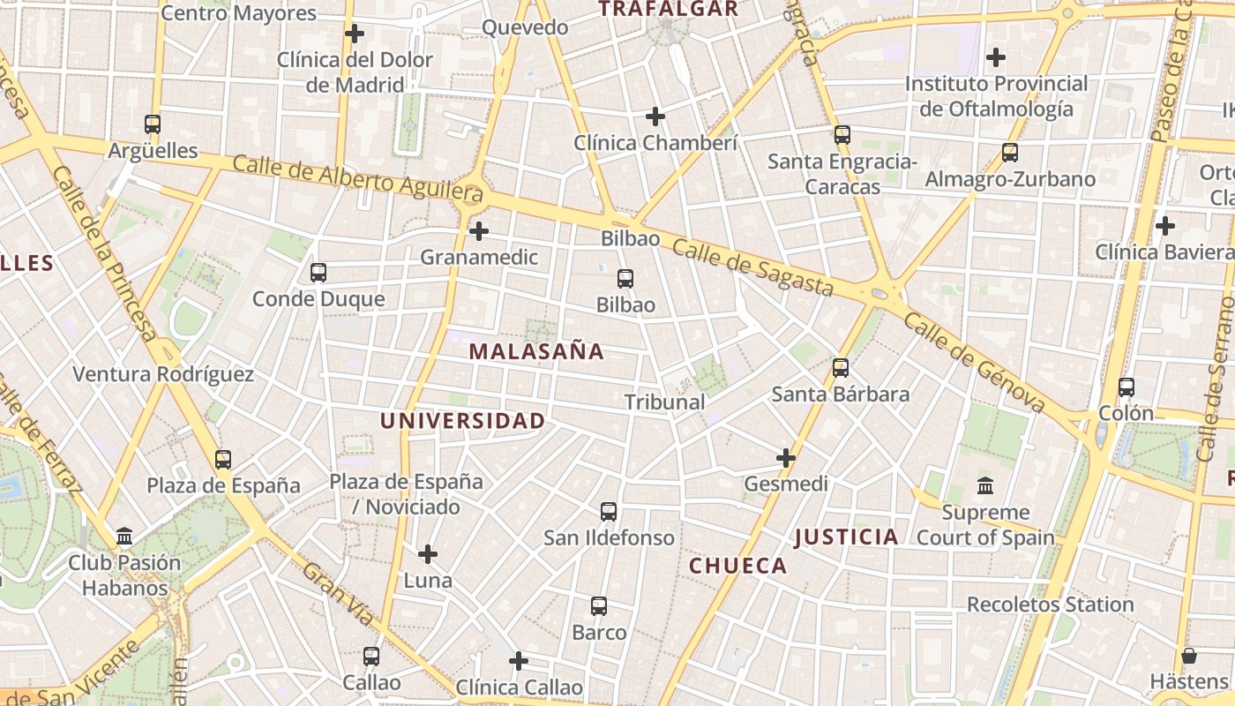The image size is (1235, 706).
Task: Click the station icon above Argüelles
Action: tap(153, 124)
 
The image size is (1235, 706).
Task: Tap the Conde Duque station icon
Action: tap(318, 273)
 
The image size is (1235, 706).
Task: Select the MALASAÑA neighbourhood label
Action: tap(536, 351)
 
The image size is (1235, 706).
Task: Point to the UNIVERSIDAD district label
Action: tap(462, 421)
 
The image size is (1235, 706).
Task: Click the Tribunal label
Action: tap(664, 402)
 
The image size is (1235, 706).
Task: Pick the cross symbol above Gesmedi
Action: tap(786, 458)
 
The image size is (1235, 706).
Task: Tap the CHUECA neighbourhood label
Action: tap(737, 566)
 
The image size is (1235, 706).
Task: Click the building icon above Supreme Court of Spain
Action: tap(985, 486)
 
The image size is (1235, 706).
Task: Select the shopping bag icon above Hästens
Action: tap(1189, 656)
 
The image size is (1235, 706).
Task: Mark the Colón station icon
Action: tap(1126, 387)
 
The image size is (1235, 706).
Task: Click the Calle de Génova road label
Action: tap(974, 362)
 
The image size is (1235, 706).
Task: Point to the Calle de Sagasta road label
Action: tap(752, 267)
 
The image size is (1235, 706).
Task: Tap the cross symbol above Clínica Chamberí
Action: tap(655, 116)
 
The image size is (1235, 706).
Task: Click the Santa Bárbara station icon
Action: tap(841, 367)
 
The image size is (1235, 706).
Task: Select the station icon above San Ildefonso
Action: tap(609, 511)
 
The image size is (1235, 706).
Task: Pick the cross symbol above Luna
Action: tap(428, 554)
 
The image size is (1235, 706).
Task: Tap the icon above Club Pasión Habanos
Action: tap(124, 537)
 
